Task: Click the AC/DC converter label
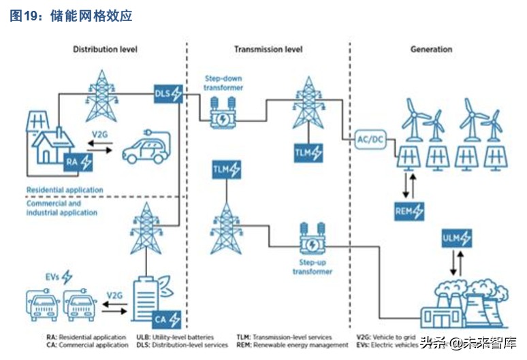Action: pos(372,140)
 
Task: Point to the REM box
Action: pos(410,211)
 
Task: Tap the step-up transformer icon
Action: pos(313,241)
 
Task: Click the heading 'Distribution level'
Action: pos(106,50)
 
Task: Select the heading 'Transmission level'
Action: pos(268,50)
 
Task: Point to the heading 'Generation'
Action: pos(431,50)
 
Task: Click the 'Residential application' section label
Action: pos(65,189)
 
